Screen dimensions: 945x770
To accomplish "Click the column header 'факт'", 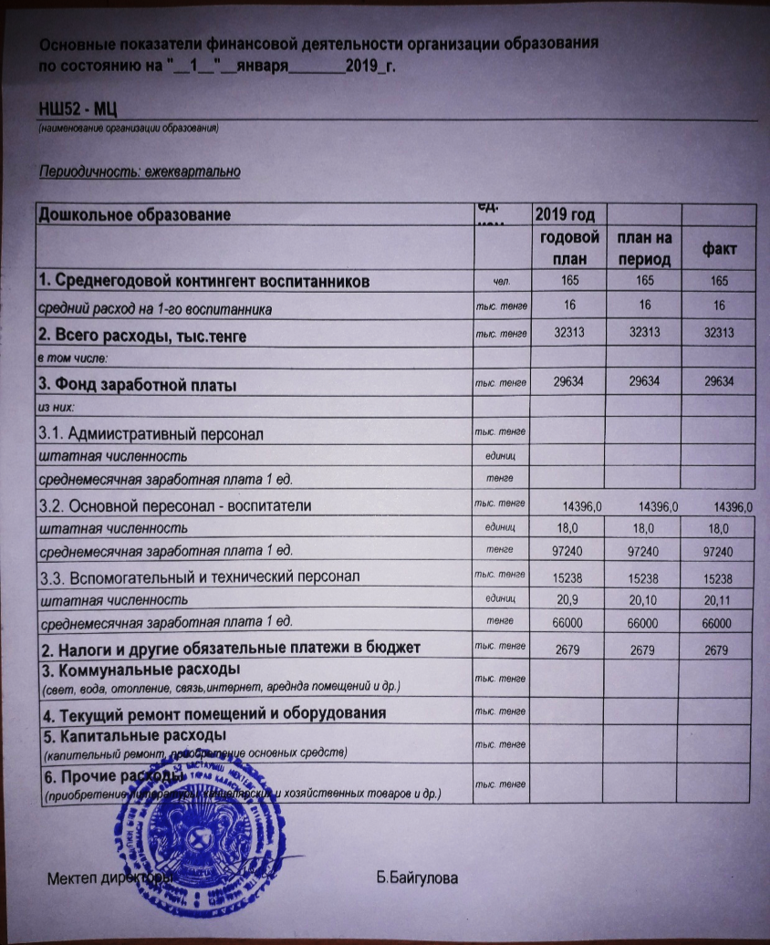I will point(719,249).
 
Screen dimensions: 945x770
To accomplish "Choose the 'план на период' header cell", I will point(644,248).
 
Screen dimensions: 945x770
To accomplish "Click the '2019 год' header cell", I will point(565,215).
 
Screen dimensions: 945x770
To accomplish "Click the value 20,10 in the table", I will point(643,599).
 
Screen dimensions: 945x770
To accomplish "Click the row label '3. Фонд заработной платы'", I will point(137,386).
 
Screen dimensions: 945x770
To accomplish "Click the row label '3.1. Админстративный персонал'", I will point(151,434).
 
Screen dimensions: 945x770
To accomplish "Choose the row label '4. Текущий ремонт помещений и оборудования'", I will point(210,711).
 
